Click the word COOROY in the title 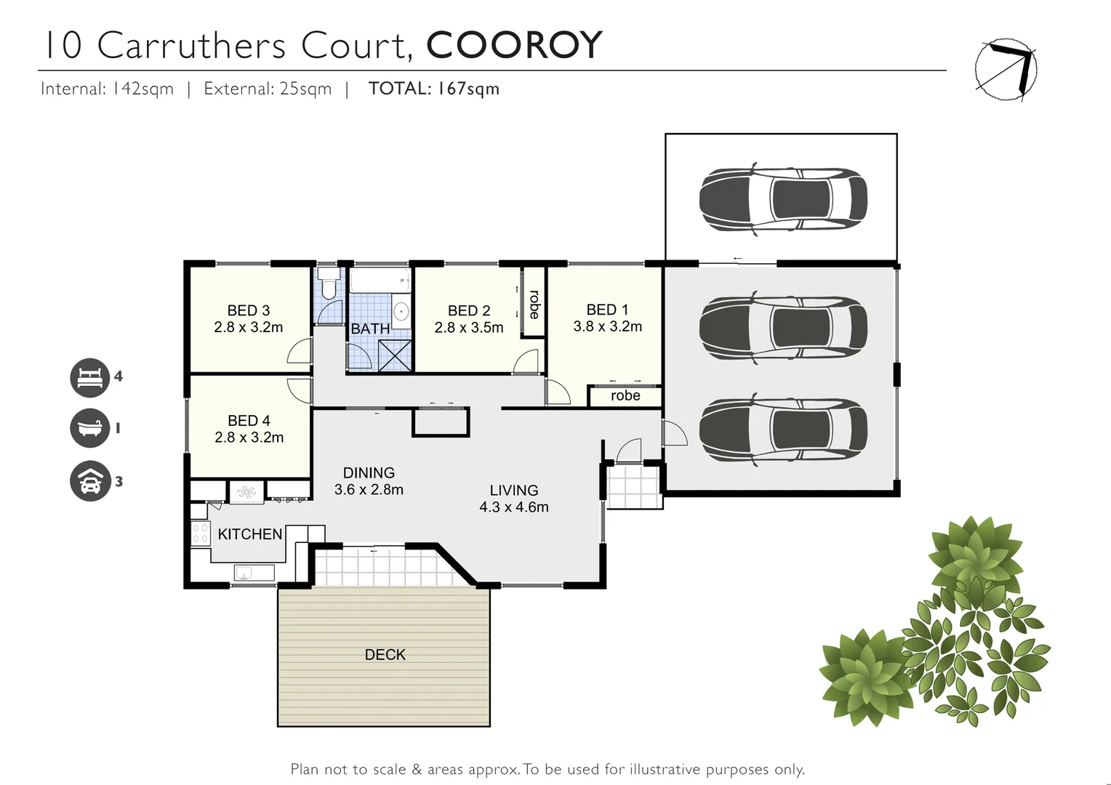click(514, 45)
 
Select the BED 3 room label click(248, 310)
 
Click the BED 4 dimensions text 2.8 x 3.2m click(249, 438)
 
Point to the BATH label click(370, 329)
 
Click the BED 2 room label click(469, 311)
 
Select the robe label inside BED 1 click(625, 396)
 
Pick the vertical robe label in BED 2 click(534, 305)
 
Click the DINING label click(369, 473)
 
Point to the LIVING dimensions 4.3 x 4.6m click(514, 507)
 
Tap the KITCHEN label click(250, 534)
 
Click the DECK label click(385, 655)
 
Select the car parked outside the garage click(782, 198)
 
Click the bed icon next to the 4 click(89, 377)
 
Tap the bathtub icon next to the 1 click(89, 429)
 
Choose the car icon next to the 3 click(89, 481)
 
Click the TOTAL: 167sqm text click(433, 89)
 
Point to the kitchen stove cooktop click(200, 534)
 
